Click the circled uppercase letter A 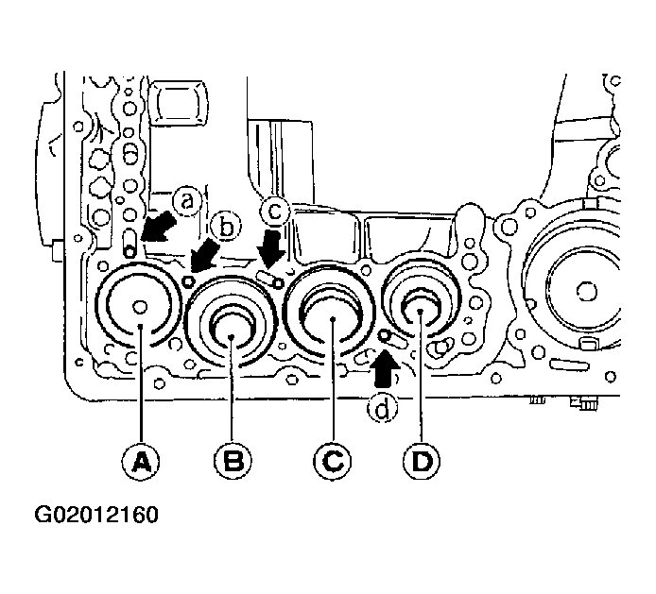[x=141, y=461]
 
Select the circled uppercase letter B [x=233, y=461]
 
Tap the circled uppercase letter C [x=332, y=461]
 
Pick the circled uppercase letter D [x=422, y=461]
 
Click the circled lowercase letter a [x=186, y=202]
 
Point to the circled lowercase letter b [x=226, y=228]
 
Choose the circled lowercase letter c [x=274, y=211]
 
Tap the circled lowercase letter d [x=383, y=408]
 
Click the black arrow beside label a [x=158, y=227]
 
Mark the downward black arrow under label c [x=271, y=248]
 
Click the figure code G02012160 [x=96, y=514]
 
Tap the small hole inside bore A [x=140, y=307]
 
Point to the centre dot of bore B [x=232, y=336]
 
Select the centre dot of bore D [x=421, y=312]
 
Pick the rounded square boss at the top [x=179, y=104]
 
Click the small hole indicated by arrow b [x=189, y=280]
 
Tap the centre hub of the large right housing [x=586, y=291]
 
